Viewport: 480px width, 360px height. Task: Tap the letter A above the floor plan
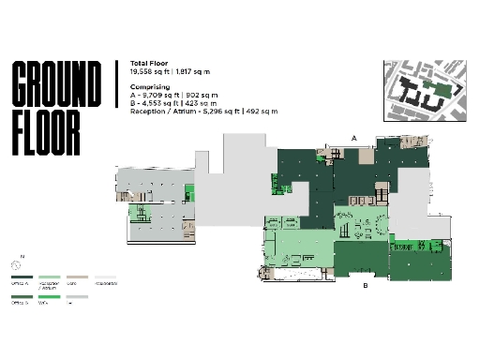tap(354, 138)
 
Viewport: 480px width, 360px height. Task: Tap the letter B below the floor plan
tap(365, 286)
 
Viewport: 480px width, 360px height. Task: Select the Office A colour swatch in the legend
tap(22, 277)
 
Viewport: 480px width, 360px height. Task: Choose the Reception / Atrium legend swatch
tap(50, 277)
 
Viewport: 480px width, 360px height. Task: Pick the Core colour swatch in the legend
tap(78, 277)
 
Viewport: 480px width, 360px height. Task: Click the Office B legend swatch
tap(22, 297)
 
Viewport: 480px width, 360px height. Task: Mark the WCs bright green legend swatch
tap(50, 297)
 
